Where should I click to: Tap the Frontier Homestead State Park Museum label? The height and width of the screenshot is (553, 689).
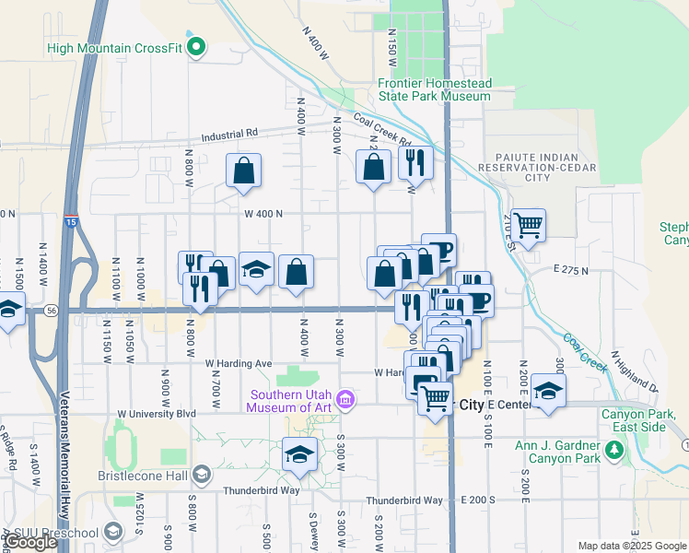(434, 89)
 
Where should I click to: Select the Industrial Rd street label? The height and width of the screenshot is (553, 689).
(225, 133)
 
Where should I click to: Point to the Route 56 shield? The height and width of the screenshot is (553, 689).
(52, 312)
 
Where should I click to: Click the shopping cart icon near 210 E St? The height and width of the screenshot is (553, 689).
(528, 224)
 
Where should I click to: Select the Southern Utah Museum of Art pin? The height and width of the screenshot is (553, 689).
(345, 399)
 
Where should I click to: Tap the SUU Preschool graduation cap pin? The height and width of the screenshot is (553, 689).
(112, 532)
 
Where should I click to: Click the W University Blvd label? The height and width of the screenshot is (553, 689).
(157, 414)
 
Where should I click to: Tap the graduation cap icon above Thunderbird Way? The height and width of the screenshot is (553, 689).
(299, 454)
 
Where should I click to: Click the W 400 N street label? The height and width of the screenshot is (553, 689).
(263, 214)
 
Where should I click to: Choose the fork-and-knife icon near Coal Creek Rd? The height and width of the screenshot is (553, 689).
(415, 162)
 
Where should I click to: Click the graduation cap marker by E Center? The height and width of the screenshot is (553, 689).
(548, 390)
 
